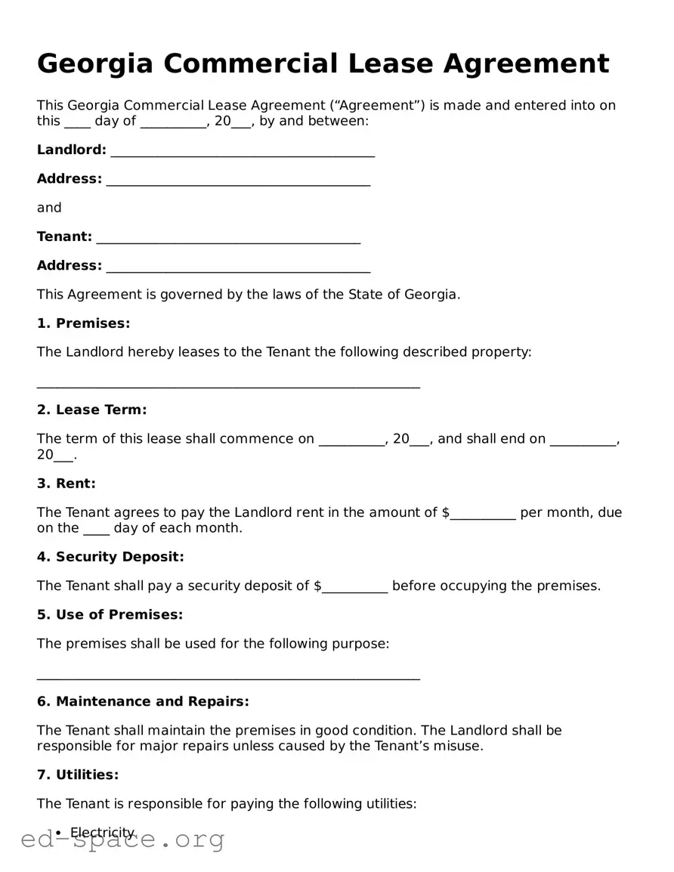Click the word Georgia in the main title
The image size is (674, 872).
pos(94,63)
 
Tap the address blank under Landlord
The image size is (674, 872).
pos(238,181)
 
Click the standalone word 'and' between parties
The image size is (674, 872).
pos(49,208)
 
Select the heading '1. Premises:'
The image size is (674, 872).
pos(83,323)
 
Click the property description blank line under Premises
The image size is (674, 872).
pos(228,384)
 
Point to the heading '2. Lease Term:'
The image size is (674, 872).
pos(91,410)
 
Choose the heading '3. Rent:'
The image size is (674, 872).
pos(66,484)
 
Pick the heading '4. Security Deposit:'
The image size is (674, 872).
pos(110,557)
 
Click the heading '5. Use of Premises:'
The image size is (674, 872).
pos(110,615)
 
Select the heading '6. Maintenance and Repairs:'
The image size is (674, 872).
pos(143,702)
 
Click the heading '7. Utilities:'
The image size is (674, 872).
pos(78,775)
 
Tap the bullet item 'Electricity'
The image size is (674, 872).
pos(102,833)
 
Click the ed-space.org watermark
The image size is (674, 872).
pos(122,840)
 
